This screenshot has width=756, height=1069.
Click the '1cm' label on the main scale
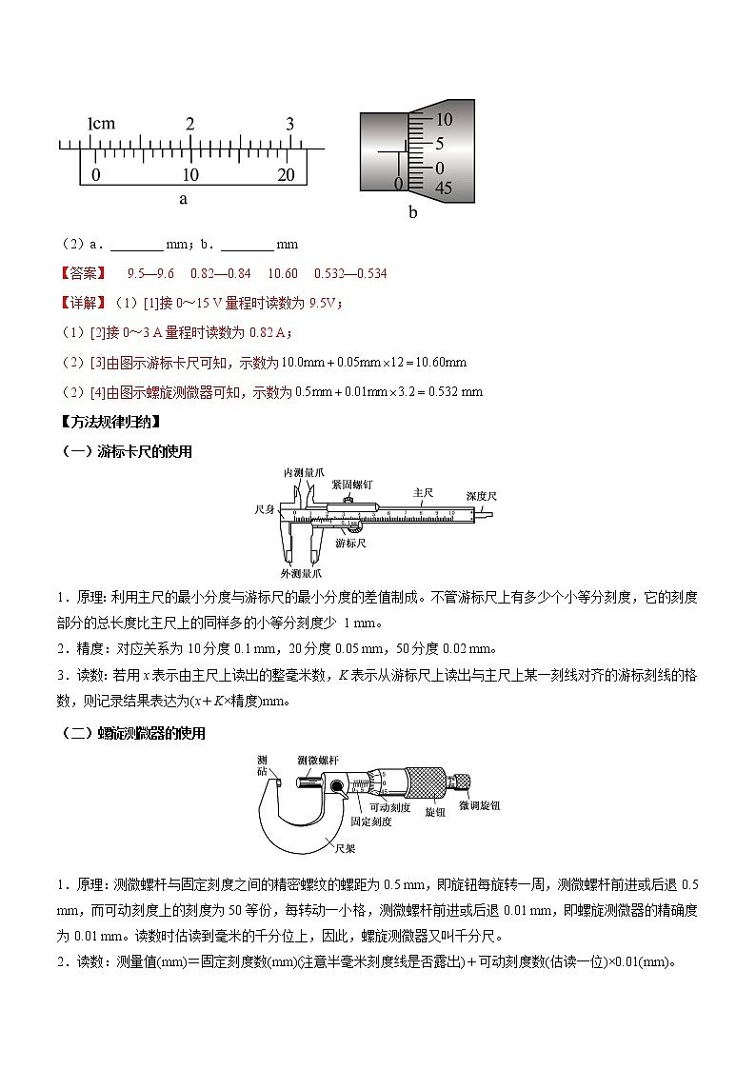[x=101, y=124]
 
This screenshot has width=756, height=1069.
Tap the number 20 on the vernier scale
[x=286, y=175]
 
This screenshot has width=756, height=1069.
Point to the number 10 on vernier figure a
[x=190, y=175]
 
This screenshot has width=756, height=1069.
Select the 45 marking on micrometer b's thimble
[x=443, y=188]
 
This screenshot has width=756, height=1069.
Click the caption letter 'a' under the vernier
[x=183, y=199]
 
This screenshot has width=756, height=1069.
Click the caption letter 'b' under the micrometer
[x=412, y=212]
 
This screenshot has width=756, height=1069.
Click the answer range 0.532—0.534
[x=350, y=274]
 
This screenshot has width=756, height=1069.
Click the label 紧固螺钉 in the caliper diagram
[x=353, y=484]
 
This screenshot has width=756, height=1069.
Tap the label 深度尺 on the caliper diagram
[x=482, y=496]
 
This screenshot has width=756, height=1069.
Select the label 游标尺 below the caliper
[x=351, y=542]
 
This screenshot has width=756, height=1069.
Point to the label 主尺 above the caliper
[x=423, y=492]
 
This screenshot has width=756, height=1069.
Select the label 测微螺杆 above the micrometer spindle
[x=317, y=760]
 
